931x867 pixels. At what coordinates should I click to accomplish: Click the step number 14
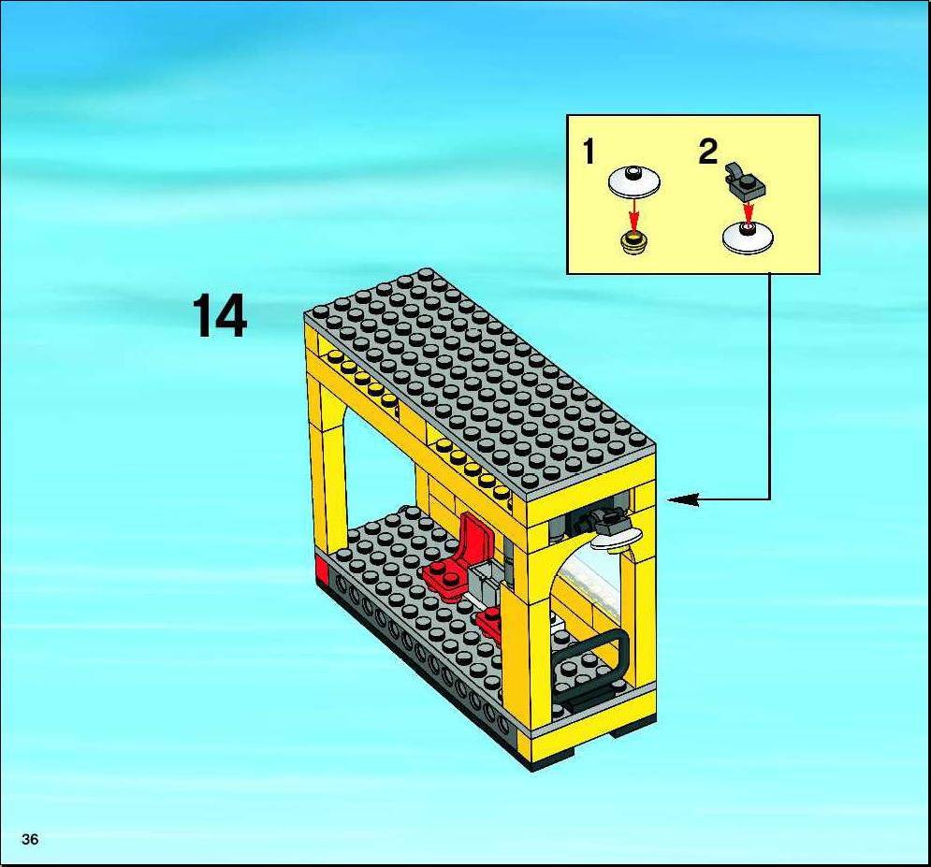pos(219,316)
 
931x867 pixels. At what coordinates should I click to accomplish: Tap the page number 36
pos(30,839)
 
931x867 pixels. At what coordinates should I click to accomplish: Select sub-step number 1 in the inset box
pos(589,152)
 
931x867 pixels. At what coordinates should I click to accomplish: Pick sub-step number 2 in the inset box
pos(707,152)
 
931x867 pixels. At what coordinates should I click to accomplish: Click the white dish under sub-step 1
pos(634,181)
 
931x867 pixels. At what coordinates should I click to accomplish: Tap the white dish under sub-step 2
pos(748,238)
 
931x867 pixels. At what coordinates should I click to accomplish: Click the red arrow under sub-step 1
pos(634,215)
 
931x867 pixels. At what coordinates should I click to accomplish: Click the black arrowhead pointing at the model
pos(683,499)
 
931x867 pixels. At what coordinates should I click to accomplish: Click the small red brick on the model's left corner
pos(321,572)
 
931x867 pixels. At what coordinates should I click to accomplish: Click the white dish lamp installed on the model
pos(616,538)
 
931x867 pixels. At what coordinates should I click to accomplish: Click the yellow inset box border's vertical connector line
pos(769,386)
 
